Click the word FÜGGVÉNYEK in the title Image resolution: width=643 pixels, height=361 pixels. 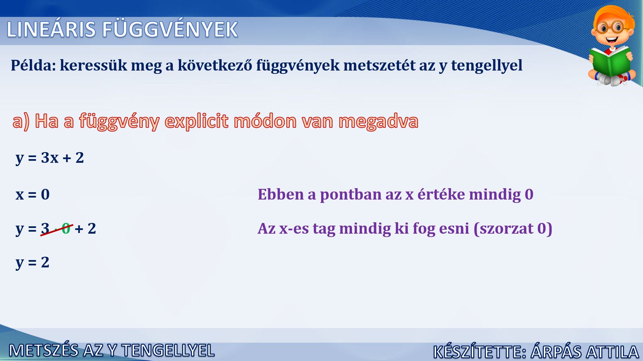[x=170, y=29]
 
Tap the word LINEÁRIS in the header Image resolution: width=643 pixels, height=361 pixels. [x=51, y=29]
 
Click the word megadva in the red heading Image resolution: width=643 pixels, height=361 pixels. [x=378, y=121]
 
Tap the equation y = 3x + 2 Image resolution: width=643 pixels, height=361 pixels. [x=50, y=158]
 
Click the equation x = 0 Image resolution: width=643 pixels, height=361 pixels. [x=32, y=194]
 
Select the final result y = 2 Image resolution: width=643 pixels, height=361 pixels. [x=32, y=262]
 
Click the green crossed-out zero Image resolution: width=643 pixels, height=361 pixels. [x=66, y=229]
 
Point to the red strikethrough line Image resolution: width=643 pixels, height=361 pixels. [x=57, y=230]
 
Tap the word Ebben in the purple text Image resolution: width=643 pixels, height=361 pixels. [x=281, y=195]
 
